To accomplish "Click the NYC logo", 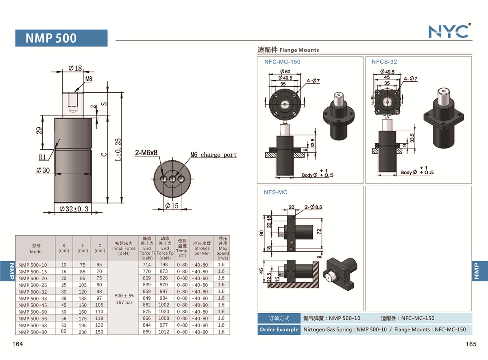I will coord(449,31).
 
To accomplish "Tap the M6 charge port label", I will coord(213,155).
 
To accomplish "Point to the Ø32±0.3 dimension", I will coord(74,209).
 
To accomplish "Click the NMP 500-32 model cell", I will coord(33,291).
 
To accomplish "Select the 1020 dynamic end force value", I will coord(165,312).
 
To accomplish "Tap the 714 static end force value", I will coord(147,265).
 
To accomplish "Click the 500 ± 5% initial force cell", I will coord(124,295).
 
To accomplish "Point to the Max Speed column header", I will coord(222,248).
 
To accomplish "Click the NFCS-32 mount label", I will coord(384,62).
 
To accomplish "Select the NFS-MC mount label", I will coord(276,192).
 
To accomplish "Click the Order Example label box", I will coord(279,329).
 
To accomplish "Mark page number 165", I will coord(471,344).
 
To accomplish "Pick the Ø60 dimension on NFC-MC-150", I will coord(284,72).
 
